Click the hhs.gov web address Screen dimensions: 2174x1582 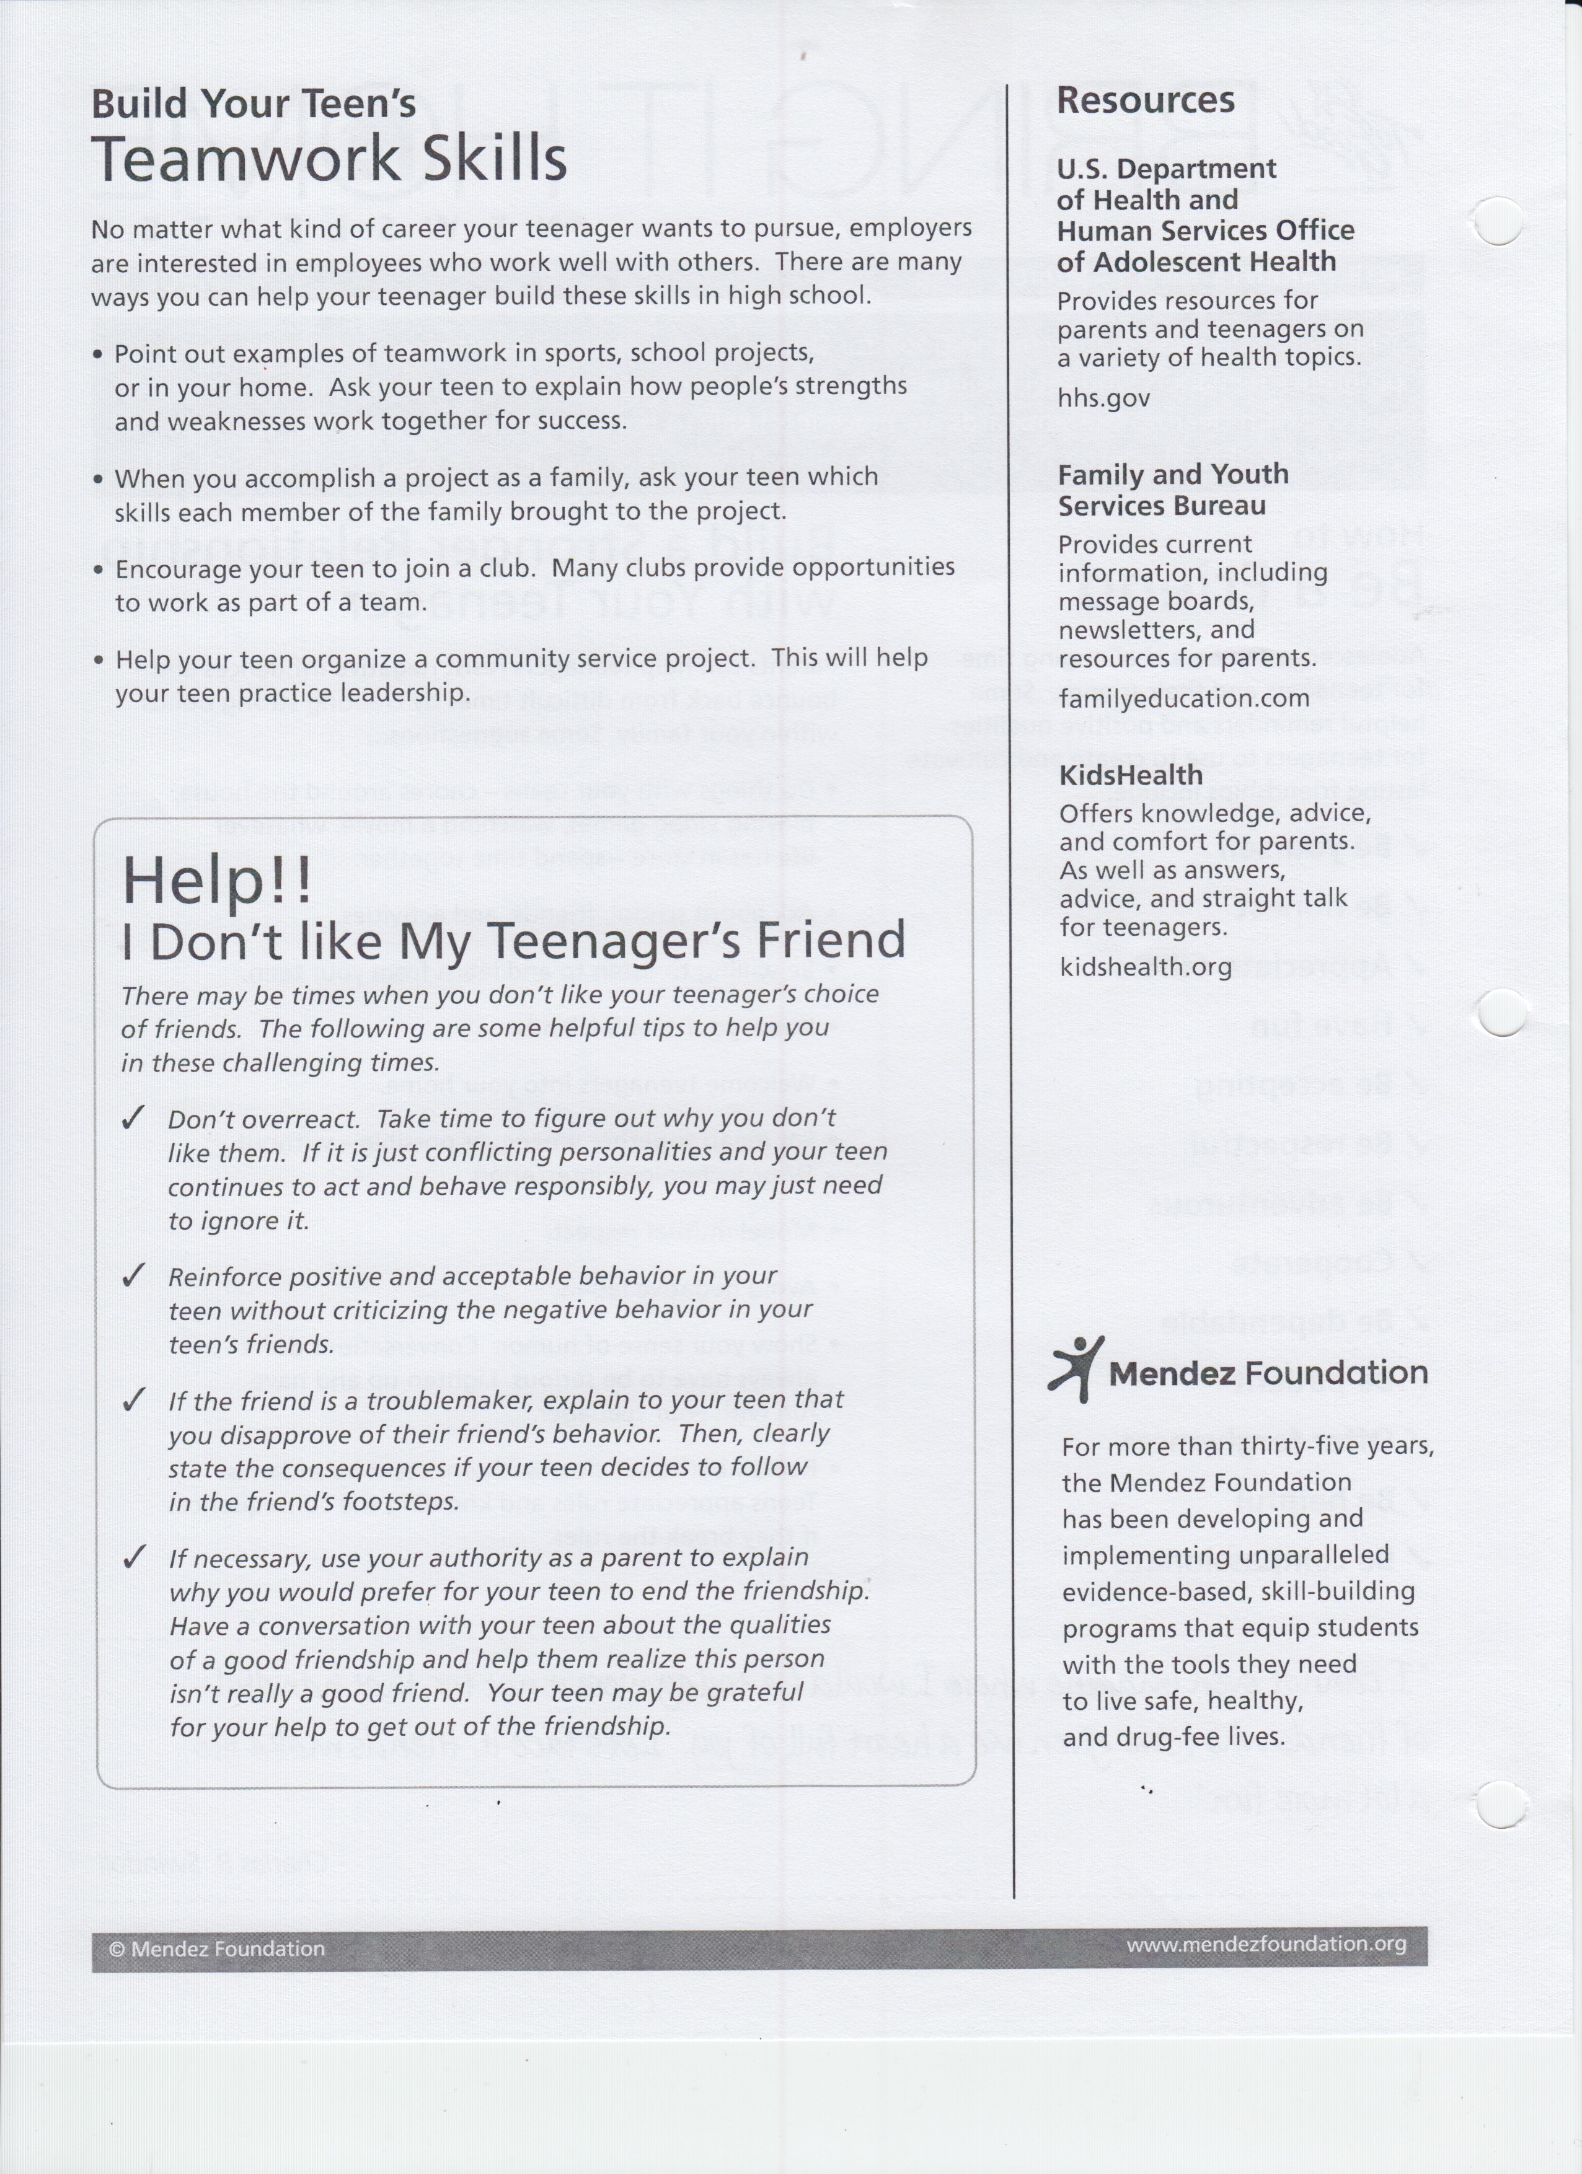pos(1103,398)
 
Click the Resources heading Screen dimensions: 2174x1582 pos(1145,100)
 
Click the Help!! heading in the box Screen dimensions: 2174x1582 pos(217,880)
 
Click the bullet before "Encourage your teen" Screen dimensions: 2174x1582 pos(99,570)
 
